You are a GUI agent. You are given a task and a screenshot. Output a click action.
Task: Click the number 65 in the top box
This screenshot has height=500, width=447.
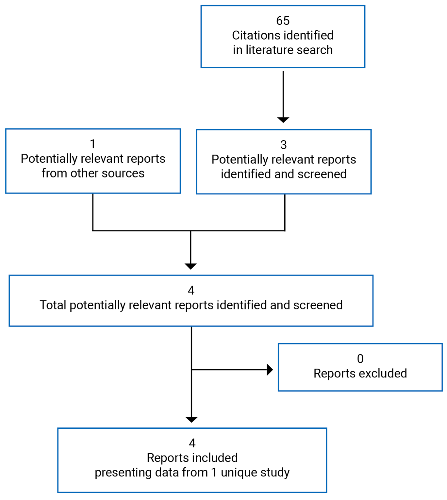[283, 21]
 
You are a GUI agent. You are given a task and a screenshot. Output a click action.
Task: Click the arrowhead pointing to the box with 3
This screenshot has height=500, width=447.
[283, 120]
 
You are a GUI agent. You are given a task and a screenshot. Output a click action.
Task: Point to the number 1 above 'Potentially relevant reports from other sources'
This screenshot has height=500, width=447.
[93, 144]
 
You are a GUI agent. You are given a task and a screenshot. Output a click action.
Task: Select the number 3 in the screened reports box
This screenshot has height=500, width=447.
[284, 145]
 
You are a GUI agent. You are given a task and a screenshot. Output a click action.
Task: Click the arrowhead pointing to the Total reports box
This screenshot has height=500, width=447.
[190, 266]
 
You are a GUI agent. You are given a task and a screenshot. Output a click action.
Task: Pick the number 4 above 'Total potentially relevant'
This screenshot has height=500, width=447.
[191, 291]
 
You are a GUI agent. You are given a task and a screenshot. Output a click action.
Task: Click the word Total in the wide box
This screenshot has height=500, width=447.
[53, 305]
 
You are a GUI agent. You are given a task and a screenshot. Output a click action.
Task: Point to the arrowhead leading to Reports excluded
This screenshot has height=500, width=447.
[270, 370]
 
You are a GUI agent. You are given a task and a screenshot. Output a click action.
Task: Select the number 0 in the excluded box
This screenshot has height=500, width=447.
[360, 359]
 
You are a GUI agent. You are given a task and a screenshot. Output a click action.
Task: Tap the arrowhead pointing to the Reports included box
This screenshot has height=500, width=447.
[191, 420]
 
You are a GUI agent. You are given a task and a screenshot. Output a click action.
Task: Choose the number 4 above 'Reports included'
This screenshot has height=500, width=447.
[192, 443]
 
